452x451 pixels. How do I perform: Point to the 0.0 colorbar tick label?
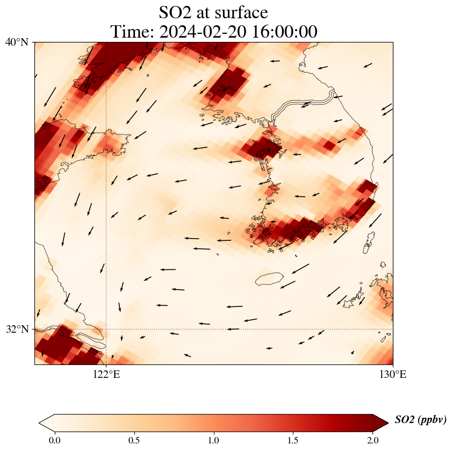pos(54,441)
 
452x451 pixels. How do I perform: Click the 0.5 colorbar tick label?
pos(134,441)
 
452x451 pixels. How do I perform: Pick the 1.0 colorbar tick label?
pos(213,441)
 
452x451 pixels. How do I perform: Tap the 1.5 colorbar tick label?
pos(293,441)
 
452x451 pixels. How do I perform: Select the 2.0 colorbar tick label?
pos(372,441)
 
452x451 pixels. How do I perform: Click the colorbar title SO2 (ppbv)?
pos(420,420)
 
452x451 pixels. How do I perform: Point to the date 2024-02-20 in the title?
pos(202,32)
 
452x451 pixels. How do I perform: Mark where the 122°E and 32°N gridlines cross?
pos(106,329)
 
